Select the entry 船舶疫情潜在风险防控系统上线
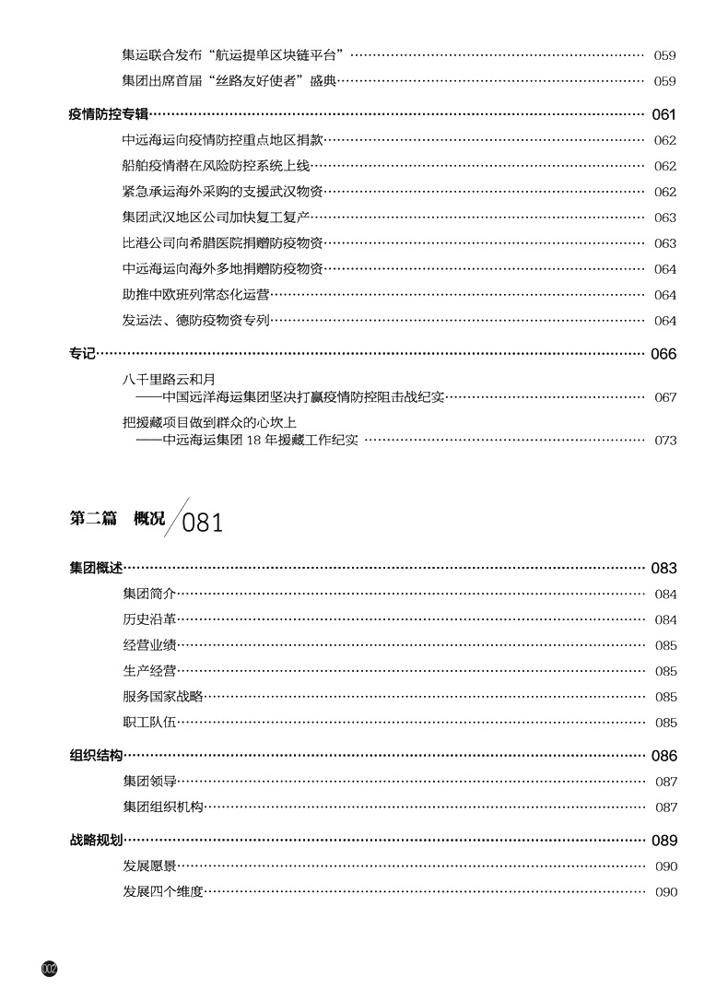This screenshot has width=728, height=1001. coord(216,166)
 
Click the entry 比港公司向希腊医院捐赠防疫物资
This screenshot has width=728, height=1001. coord(222,243)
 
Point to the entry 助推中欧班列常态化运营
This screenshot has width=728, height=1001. coord(196,295)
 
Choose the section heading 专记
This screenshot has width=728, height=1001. coord(83,354)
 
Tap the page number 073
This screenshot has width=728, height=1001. coord(665,441)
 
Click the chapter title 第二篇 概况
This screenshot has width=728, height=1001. coord(117,519)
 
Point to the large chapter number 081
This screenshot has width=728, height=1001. coord(203,524)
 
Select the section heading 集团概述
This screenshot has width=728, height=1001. coord(96,568)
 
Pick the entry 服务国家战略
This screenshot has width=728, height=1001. coord(162,697)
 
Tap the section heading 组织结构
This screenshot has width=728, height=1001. coord(96,756)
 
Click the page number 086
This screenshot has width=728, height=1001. coord(663,756)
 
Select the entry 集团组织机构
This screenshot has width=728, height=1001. coord(162,807)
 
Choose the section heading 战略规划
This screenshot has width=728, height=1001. coord(96,841)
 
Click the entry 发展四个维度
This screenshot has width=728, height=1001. coord(162,892)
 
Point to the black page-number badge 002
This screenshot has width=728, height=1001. coord(50,968)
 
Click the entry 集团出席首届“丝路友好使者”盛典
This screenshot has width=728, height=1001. coord(229,81)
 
